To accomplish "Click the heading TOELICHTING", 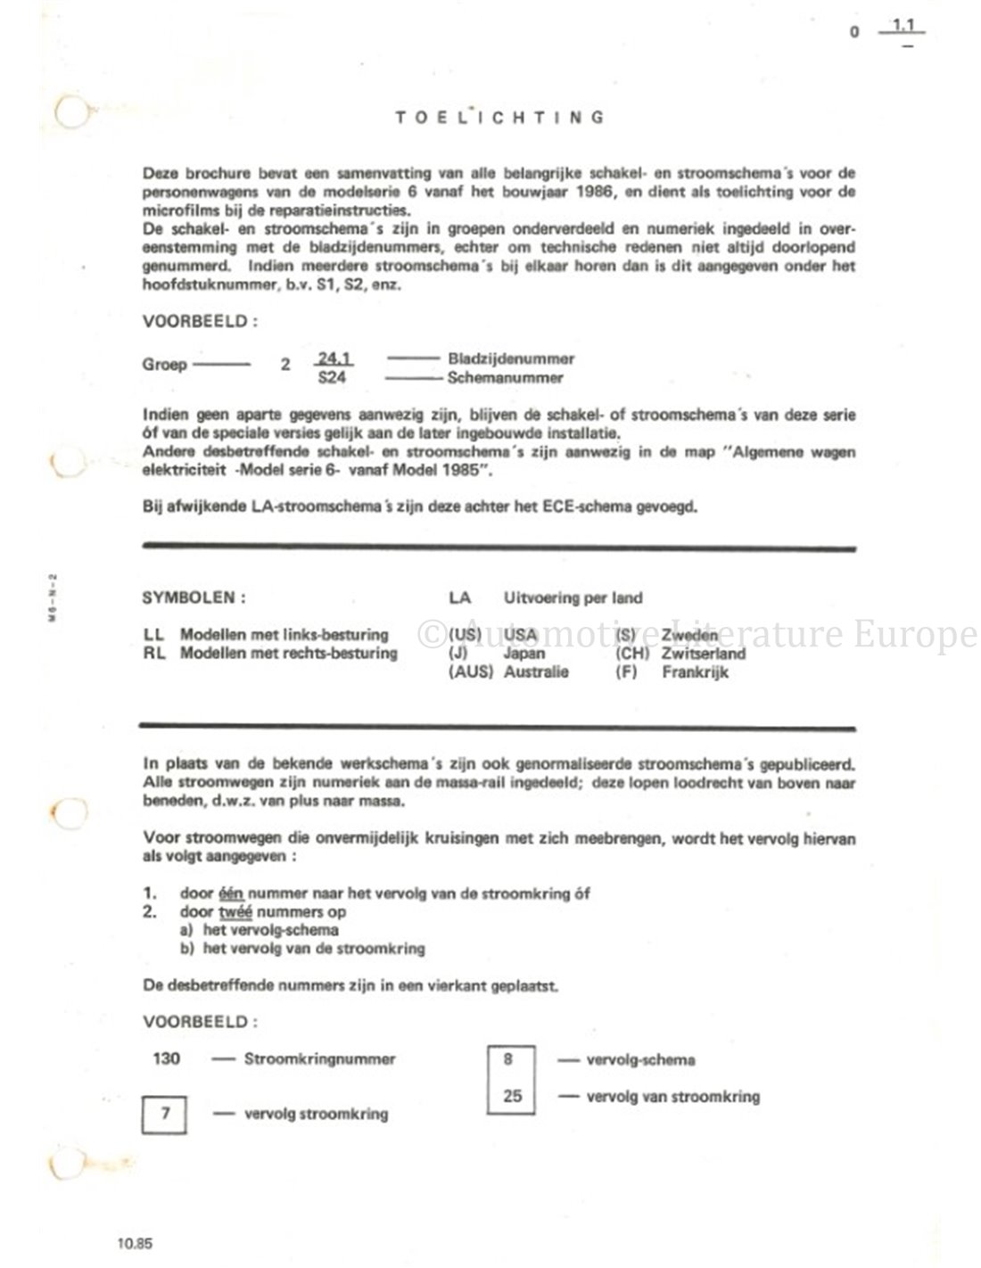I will [499, 117].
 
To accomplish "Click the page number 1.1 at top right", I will [907, 29].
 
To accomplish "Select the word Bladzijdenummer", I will [511, 359].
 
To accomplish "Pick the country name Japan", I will [524, 654].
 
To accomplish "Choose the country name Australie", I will [536, 671].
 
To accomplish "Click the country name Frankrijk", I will [695, 671].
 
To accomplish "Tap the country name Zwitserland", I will [704, 654].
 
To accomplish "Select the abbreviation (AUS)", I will [470, 671].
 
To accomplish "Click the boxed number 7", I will [165, 1113].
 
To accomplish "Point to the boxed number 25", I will [512, 1096].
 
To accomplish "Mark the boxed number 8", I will [509, 1059].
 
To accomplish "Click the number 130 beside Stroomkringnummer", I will [166, 1059].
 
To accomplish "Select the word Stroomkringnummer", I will [319, 1059].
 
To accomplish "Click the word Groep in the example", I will [164, 365].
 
